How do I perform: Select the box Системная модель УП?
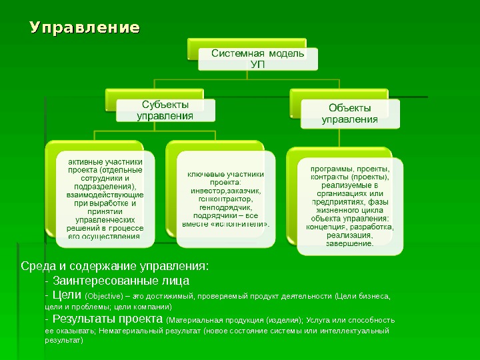point(258,58)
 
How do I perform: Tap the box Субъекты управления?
point(165,110)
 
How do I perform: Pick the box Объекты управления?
point(350,113)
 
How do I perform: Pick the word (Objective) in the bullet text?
point(104,296)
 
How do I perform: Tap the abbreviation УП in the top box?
point(258,64)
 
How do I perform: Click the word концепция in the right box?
point(326,227)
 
